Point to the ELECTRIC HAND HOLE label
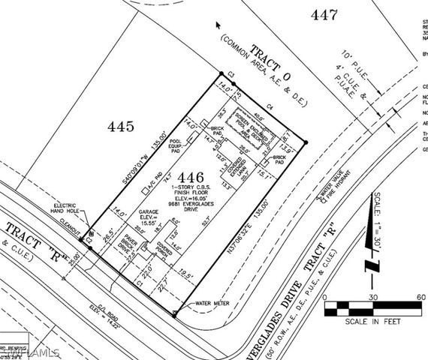click(73, 209)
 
